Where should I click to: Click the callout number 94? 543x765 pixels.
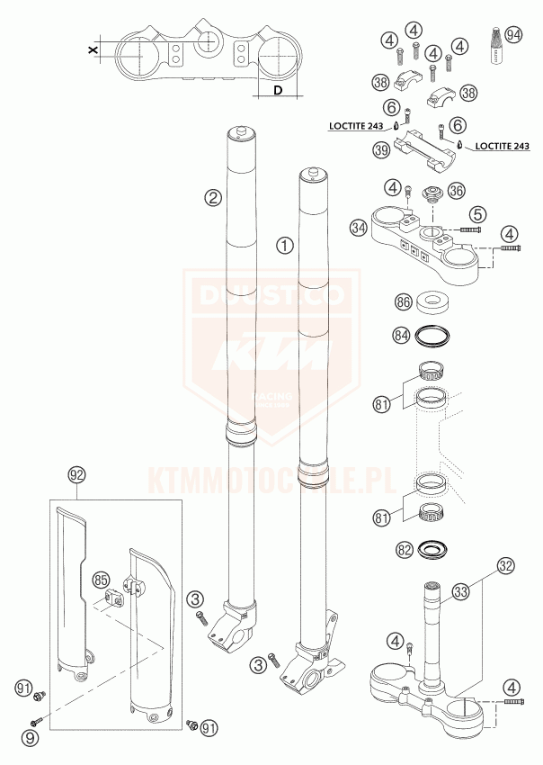tap(513, 35)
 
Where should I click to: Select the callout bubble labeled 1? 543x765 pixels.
tap(284, 245)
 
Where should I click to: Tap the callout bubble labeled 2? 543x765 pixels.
tap(213, 197)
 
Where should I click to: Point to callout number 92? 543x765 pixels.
tap(76, 473)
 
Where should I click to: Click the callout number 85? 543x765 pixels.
tap(101, 580)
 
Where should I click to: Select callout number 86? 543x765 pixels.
tap(404, 301)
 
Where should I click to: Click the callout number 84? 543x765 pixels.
tap(404, 336)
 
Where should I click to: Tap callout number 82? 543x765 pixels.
tap(405, 548)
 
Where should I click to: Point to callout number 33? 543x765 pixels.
tap(461, 591)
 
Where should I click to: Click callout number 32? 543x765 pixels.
tap(506, 566)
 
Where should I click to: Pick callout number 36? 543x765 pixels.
tap(456, 191)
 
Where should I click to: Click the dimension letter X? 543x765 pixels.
tap(93, 51)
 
